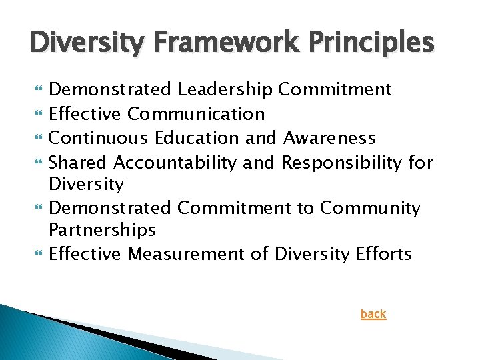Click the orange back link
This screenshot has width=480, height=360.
(x=373, y=314)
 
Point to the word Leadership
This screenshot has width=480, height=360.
(x=225, y=89)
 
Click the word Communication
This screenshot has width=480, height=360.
(x=196, y=114)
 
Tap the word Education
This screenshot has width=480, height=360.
(x=197, y=138)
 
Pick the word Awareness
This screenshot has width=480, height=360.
(x=329, y=138)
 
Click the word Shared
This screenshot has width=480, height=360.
(x=79, y=162)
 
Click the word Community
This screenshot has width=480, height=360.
(x=370, y=208)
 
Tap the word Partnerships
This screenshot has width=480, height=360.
(x=102, y=231)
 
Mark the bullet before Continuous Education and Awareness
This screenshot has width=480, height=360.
(x=37, y=139)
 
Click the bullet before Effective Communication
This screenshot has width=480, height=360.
(x=37, y=115)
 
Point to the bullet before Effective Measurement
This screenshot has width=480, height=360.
(x=37, y=255)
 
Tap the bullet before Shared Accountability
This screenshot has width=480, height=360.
(x=37, y=163)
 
